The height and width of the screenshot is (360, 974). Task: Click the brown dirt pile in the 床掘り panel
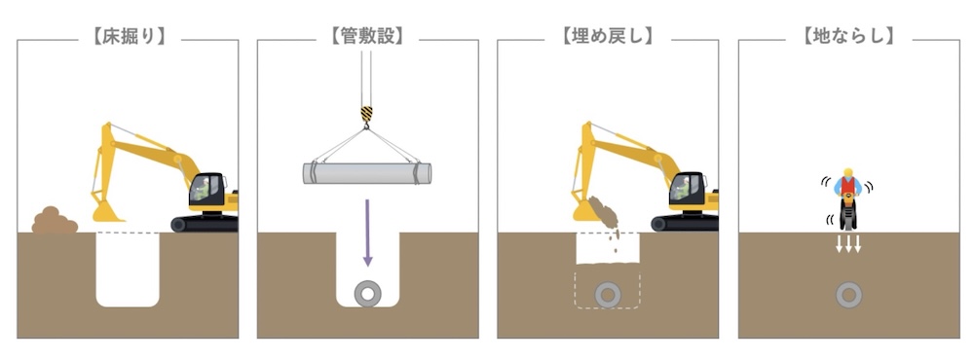point(55,222)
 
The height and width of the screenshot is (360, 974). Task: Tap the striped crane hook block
point(367,116)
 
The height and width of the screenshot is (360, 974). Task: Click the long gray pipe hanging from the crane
point(367,173)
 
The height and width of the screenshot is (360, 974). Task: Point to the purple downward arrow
point(367,234)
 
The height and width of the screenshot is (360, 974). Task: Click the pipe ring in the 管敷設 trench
point(368,293)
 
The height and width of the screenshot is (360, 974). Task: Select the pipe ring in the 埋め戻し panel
point(609,293)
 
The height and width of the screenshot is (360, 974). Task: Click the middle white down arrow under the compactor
point(849,243)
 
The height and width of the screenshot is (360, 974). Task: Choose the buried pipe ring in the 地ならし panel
point(849,293)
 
